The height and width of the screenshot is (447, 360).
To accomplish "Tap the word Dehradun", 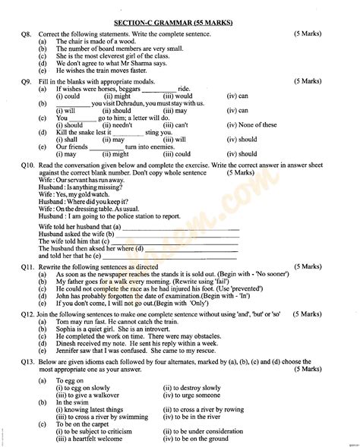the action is [x=133, y=103].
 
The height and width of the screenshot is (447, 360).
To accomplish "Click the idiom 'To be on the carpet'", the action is [x=87, y=423].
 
